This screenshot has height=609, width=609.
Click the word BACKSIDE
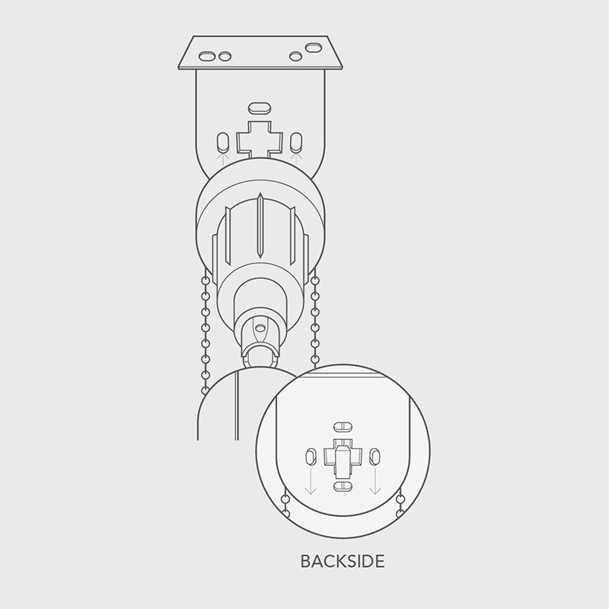[x=343, y=561]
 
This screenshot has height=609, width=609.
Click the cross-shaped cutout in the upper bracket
[x=260, y=140]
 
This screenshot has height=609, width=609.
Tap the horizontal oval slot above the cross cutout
[x=260, y=108]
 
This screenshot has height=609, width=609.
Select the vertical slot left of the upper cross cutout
[x=223, y=143]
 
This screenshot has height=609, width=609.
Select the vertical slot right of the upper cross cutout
[x=296, y=143]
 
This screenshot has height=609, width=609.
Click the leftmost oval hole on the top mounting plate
[x=207, y=56]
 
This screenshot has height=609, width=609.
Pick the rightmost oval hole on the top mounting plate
[x=314, y=48]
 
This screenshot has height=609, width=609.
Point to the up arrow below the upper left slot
[x=223, y=160]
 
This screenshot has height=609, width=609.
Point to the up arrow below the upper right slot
[x=296, y=159]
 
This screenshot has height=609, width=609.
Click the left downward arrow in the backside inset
[x=311, y=481]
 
